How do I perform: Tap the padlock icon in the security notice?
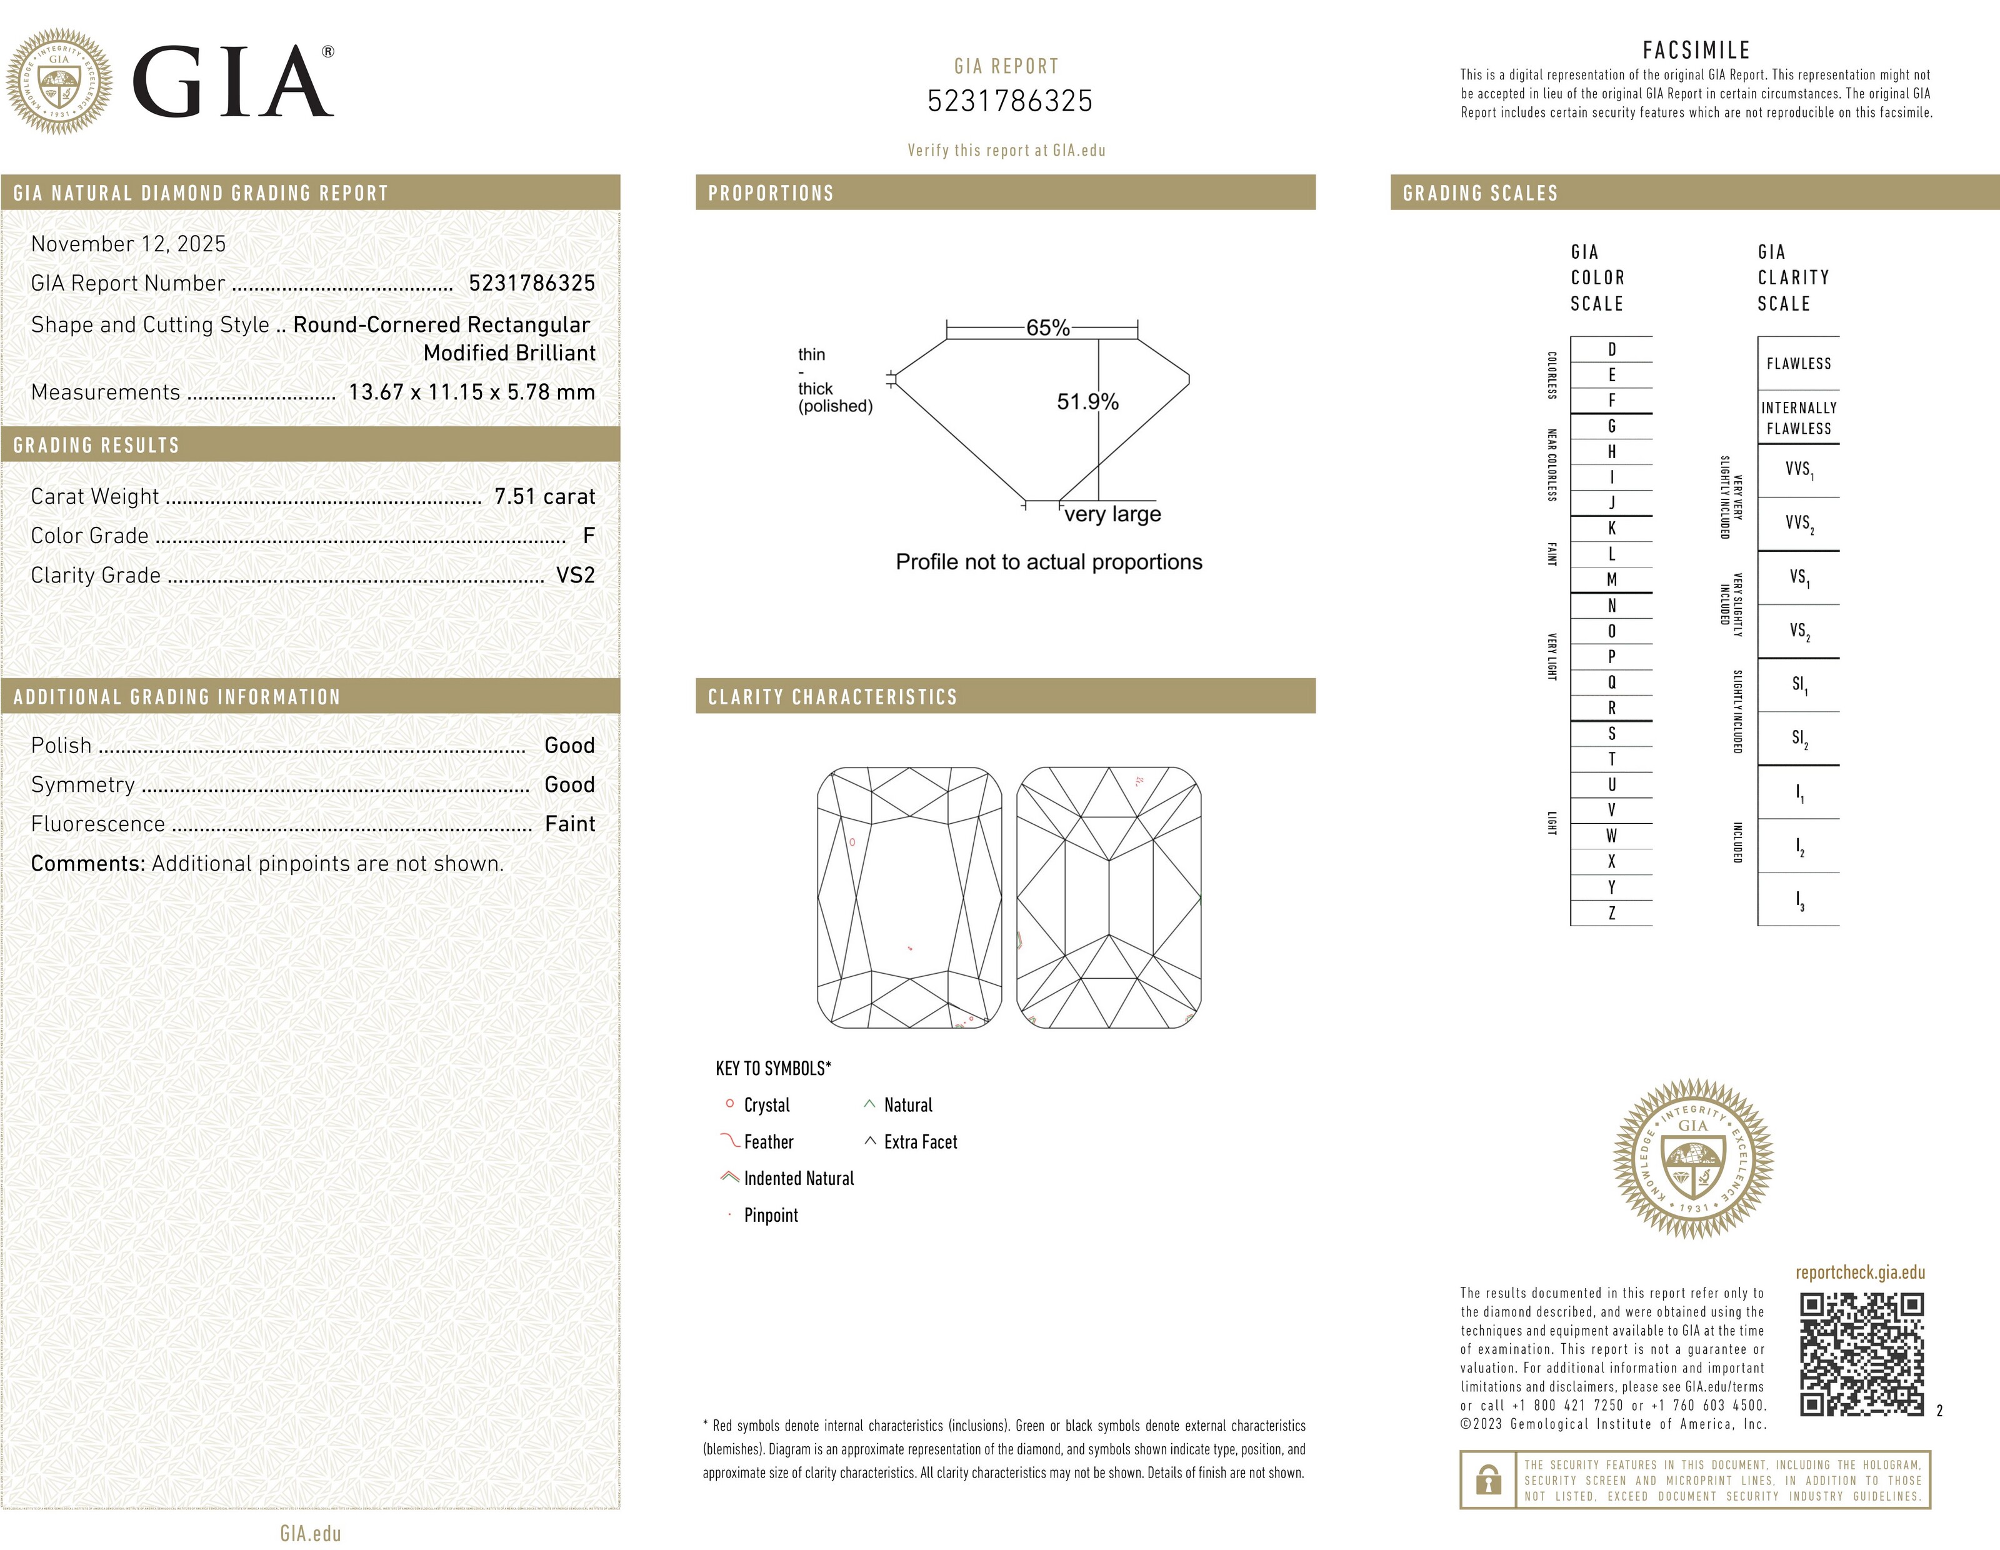pyautogui.click(x=1488, y=1479)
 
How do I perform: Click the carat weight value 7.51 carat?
pyautogui.click(x=544, y=496)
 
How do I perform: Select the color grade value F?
pyautogui.click(x=588, y=536)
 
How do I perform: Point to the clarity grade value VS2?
pyautogui.click(x=575, y=575)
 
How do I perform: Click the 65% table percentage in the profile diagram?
pyautogui.click(x=1047, y=327)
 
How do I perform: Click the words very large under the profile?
pyautogui.click(x=1112, y=514)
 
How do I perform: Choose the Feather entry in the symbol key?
pyautogui.click(x=767, y=1142)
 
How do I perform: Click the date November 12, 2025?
pyautogui.click(x=128, y=244)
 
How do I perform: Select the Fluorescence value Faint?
pyautogui.click(x=569, y=824)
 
